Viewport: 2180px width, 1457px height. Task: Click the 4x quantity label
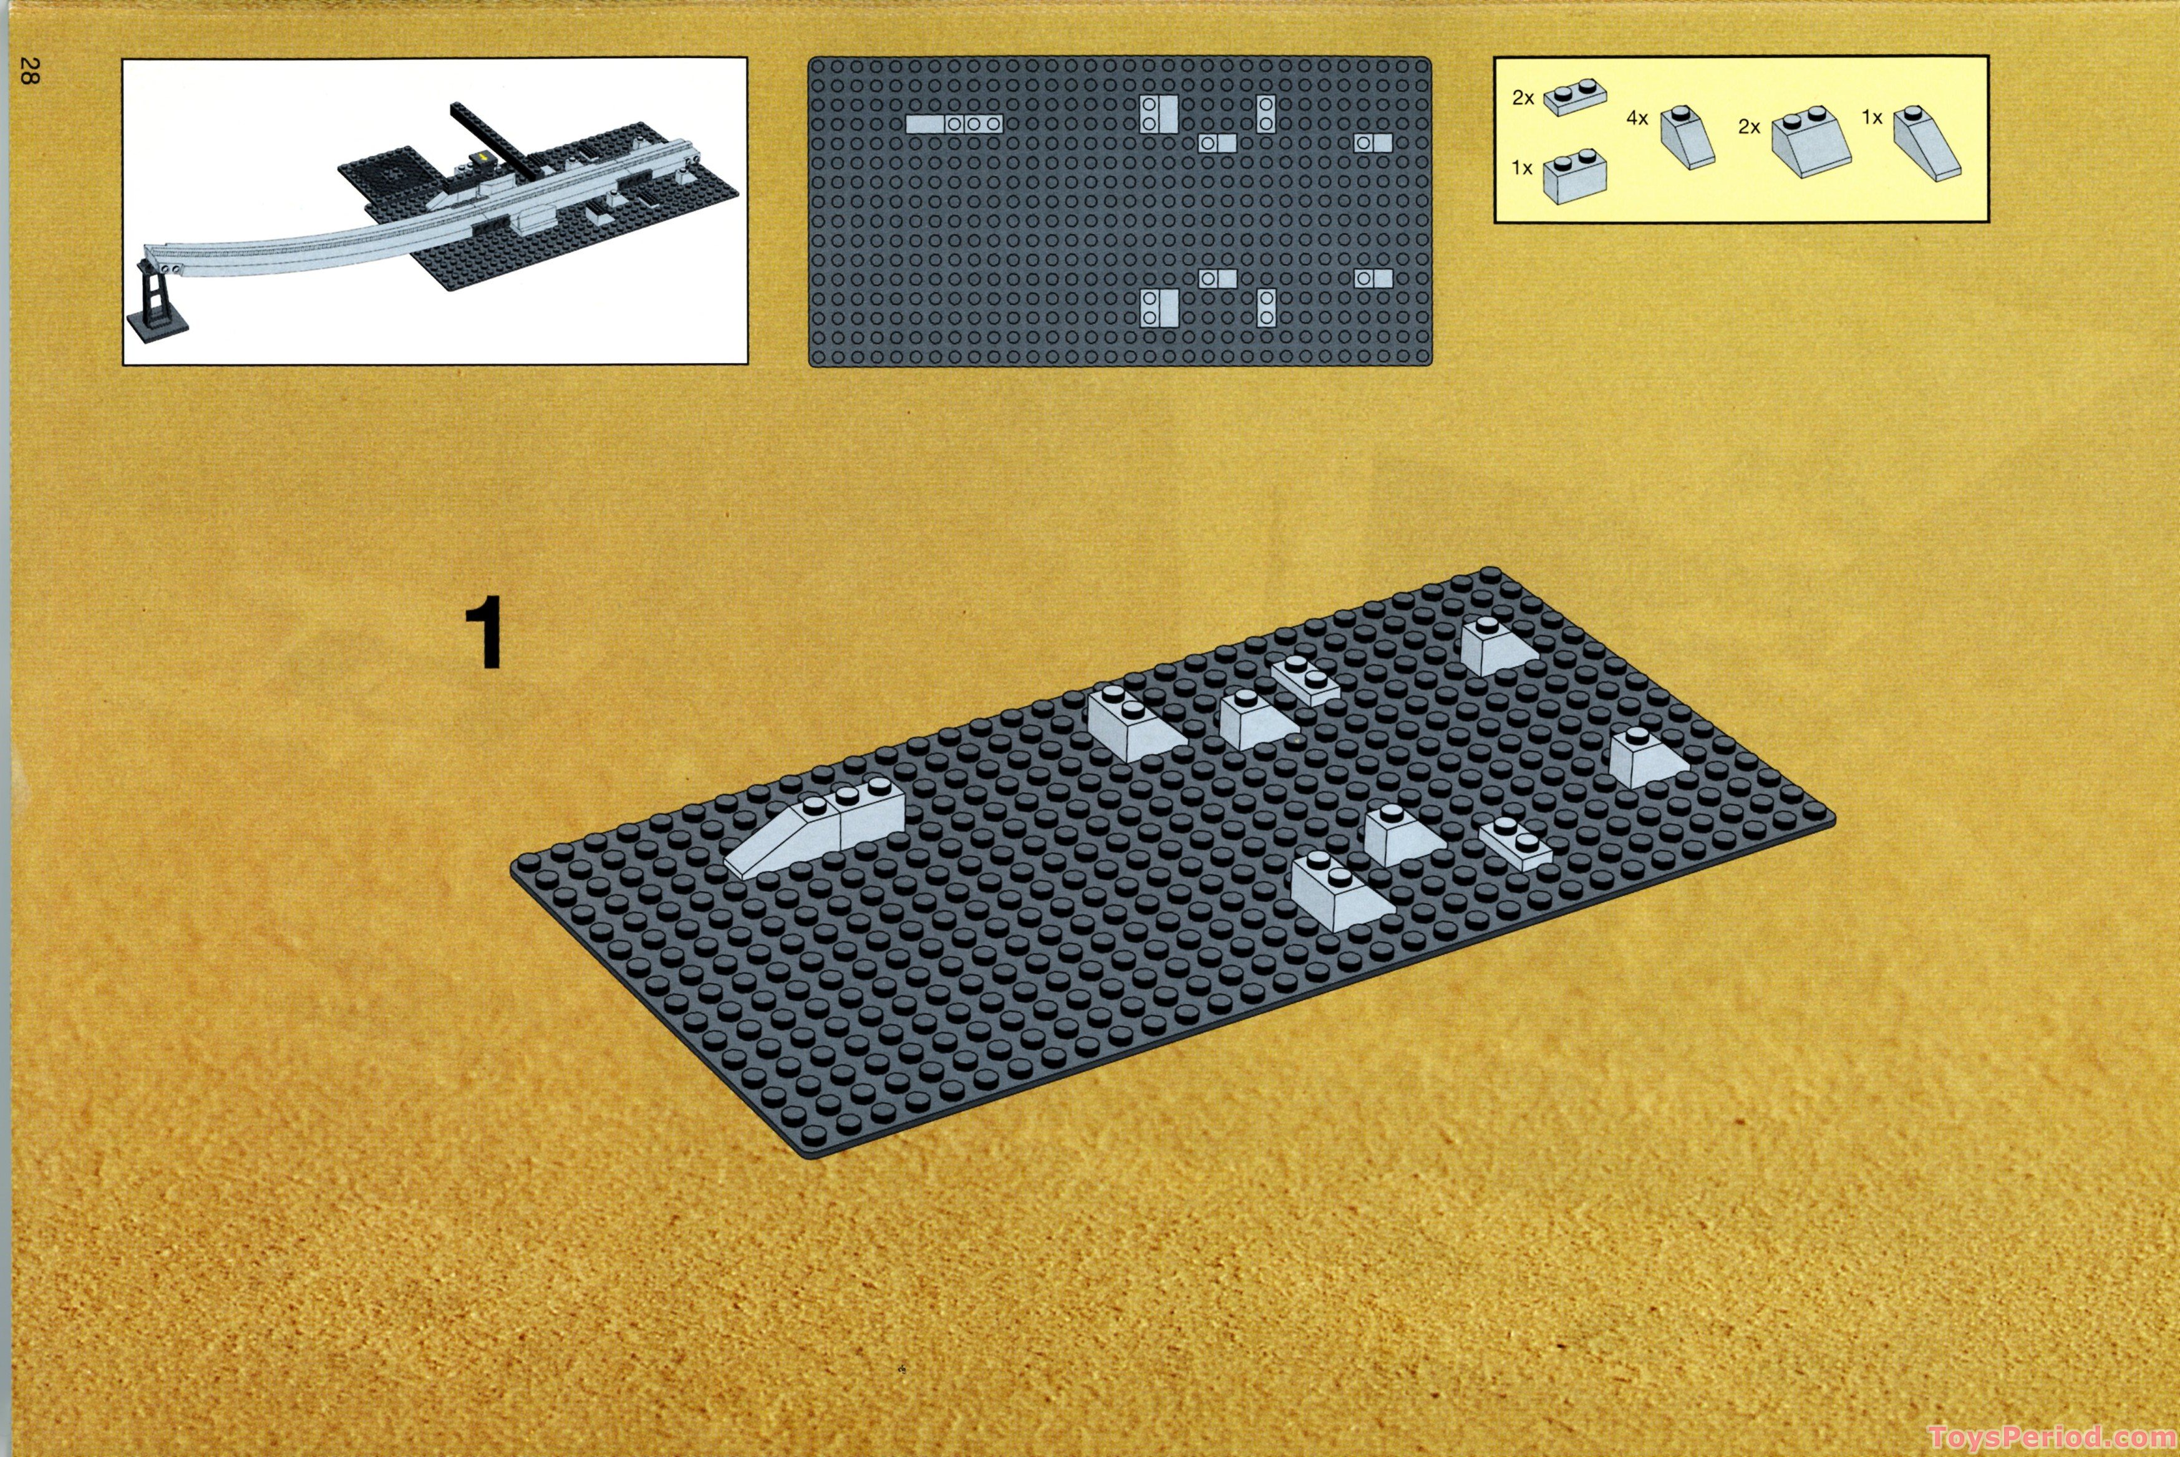coord(1636,118)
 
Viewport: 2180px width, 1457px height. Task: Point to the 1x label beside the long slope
coord(1871,117)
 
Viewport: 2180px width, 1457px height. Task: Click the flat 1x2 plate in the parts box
coord(1575,97)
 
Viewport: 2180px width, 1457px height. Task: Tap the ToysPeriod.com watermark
coord(2052,1436)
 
